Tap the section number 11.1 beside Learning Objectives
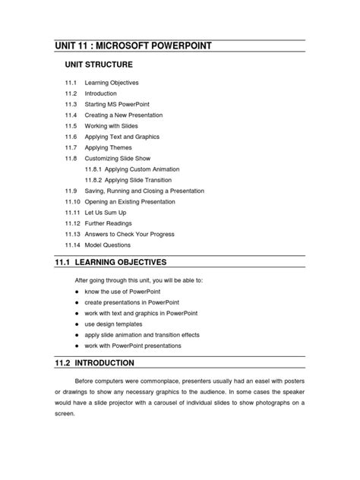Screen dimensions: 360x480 pyautogui.click(x=71, y=82)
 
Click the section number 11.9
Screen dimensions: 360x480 pyautogui.click(x=71, y=191)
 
